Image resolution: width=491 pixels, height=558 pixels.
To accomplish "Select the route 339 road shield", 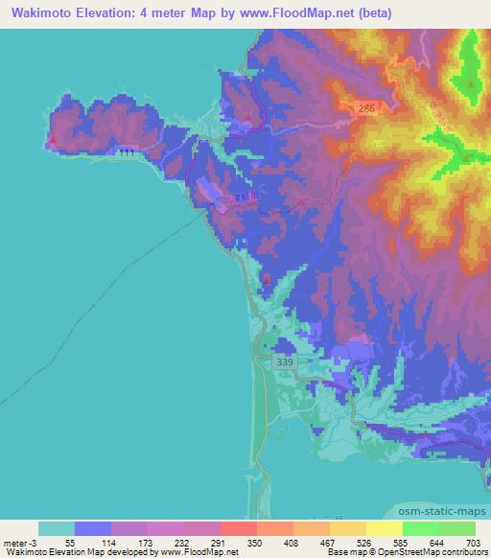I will pyautogui.click(x=284, y=361).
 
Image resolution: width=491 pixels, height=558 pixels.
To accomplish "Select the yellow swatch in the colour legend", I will pyautogui.click(x=385, y=528).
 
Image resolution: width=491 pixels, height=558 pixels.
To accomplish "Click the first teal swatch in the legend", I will pyautogui.click(x=57, y=528).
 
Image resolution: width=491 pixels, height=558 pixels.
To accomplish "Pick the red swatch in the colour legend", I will pyautogui.click(x=239, y=528).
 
